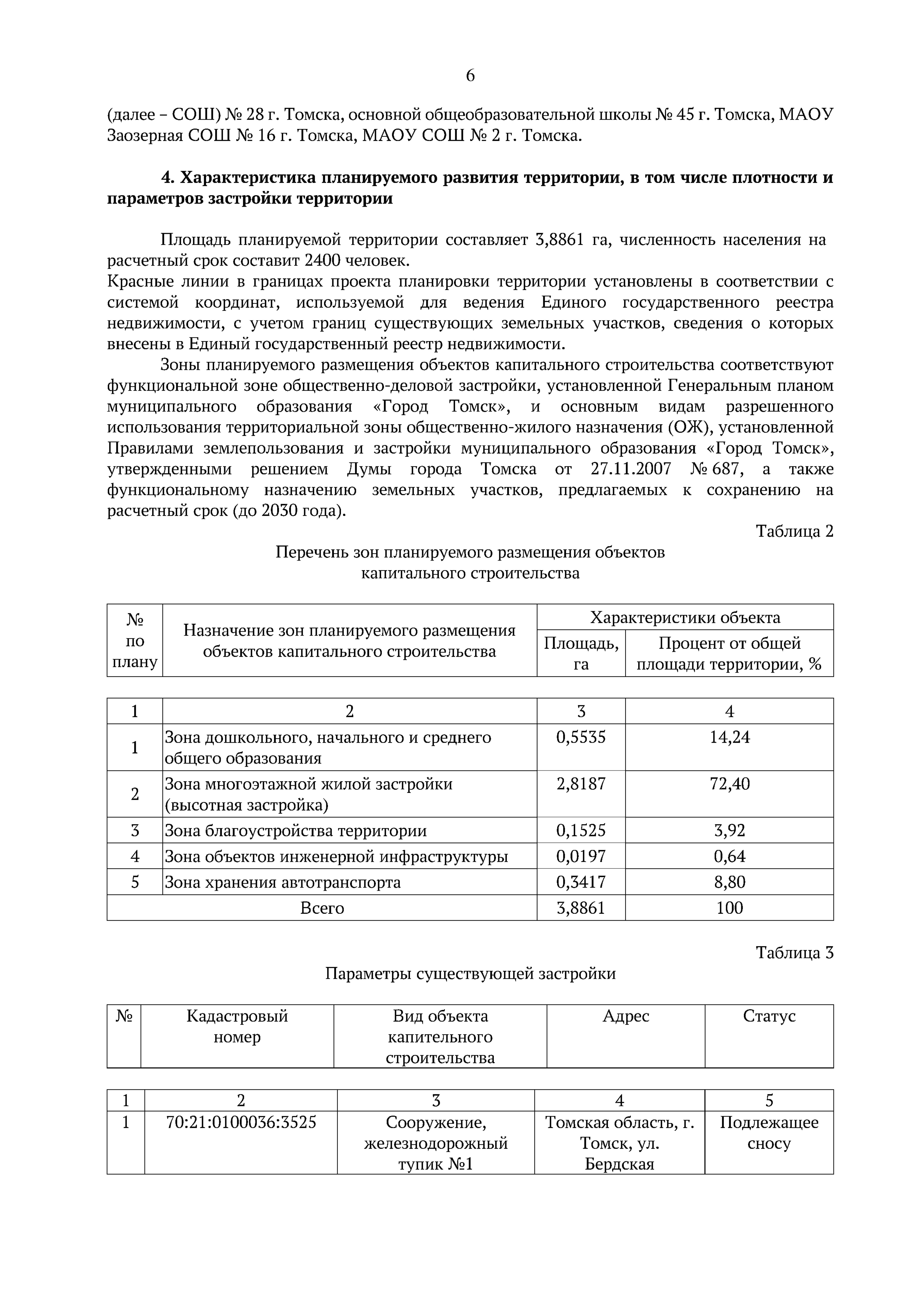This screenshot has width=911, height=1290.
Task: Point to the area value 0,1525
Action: pos(581,830)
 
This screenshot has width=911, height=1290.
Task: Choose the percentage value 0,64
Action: pos(729,856)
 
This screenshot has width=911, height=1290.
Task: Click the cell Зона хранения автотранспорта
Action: pos(283,882)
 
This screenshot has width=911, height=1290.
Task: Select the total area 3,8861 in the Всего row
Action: pos(581,908)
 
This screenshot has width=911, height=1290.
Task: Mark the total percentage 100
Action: pos(729,908)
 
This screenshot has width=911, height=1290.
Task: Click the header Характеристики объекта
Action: pos(685,618)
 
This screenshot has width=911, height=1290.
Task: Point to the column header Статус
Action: pos(769,1016)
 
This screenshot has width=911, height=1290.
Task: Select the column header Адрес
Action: pos(626,1016)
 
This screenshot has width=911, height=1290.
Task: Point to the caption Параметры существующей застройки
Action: pos(470,974)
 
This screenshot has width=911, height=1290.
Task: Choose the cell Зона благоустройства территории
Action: pos(295,830)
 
